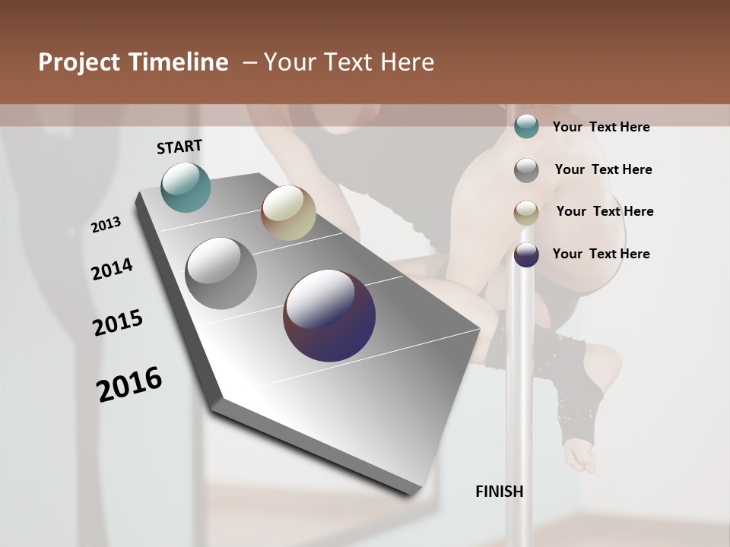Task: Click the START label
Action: point(179,147)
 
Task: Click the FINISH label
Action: point(500,492)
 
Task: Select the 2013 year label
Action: point(106,225)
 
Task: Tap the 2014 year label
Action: point(112,270)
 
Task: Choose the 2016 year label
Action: point(129,384)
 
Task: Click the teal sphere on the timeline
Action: point(186,187)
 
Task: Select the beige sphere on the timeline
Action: point(288,213)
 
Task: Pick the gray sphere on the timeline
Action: point(221,273)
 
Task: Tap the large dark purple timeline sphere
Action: point(329,315)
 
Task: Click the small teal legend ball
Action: point(526,127)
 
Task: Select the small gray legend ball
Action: point(526,170)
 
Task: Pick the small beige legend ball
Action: point(526,213)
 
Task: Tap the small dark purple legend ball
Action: point(526,255)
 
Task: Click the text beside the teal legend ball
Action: point(601,127)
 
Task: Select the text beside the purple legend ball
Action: point(601,254)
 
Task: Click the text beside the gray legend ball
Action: point(603,169)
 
